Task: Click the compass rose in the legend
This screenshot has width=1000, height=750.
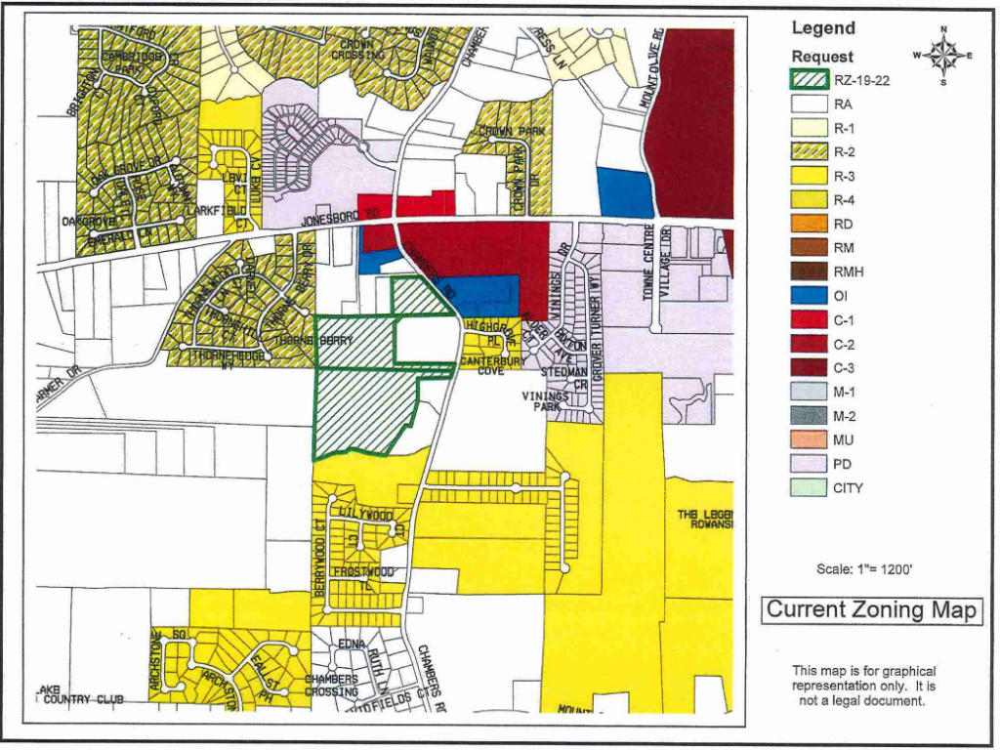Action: [x=943, y=56]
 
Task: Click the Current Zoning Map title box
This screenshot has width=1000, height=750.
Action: [x=871, y=610]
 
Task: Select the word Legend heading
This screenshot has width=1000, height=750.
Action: [x=823, y=28]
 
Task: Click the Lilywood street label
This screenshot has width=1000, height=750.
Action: [x=366, y=514]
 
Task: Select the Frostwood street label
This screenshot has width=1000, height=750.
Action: [x=363, y=571]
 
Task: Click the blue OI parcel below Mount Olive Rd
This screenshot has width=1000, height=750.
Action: [x=624, y=192]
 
